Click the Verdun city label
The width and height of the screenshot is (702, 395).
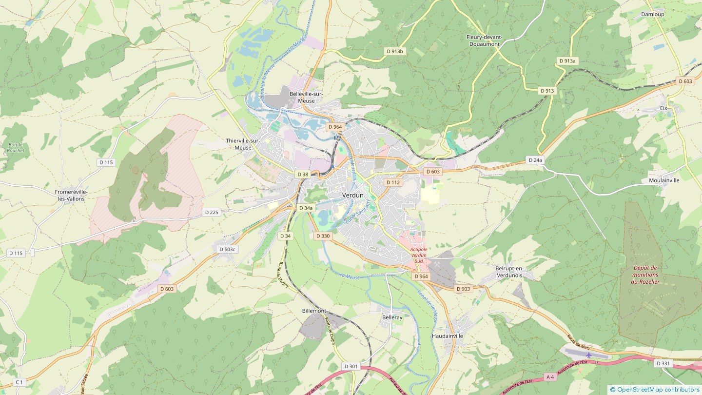tap(353, 195)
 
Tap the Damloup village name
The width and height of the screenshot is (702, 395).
tap(652, 15)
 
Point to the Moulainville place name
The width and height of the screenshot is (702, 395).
tap(664, 180)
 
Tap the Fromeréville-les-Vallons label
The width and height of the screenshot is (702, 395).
tap(71, 195)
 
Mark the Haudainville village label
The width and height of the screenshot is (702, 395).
tap(447, 336)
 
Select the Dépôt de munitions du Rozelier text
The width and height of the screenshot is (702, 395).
tap(645, 275)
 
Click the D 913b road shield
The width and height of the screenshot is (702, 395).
tap(395, 51)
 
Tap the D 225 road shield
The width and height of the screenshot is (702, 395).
tap(212, 212)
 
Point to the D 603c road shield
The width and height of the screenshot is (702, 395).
tap(227, 249)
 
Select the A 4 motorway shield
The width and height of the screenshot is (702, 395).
tap(550, 377)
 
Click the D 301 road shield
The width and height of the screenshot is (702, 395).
tap(351, 366)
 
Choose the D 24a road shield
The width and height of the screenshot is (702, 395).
tap(535, 160)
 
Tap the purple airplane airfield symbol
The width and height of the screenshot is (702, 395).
tap(588, 355)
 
